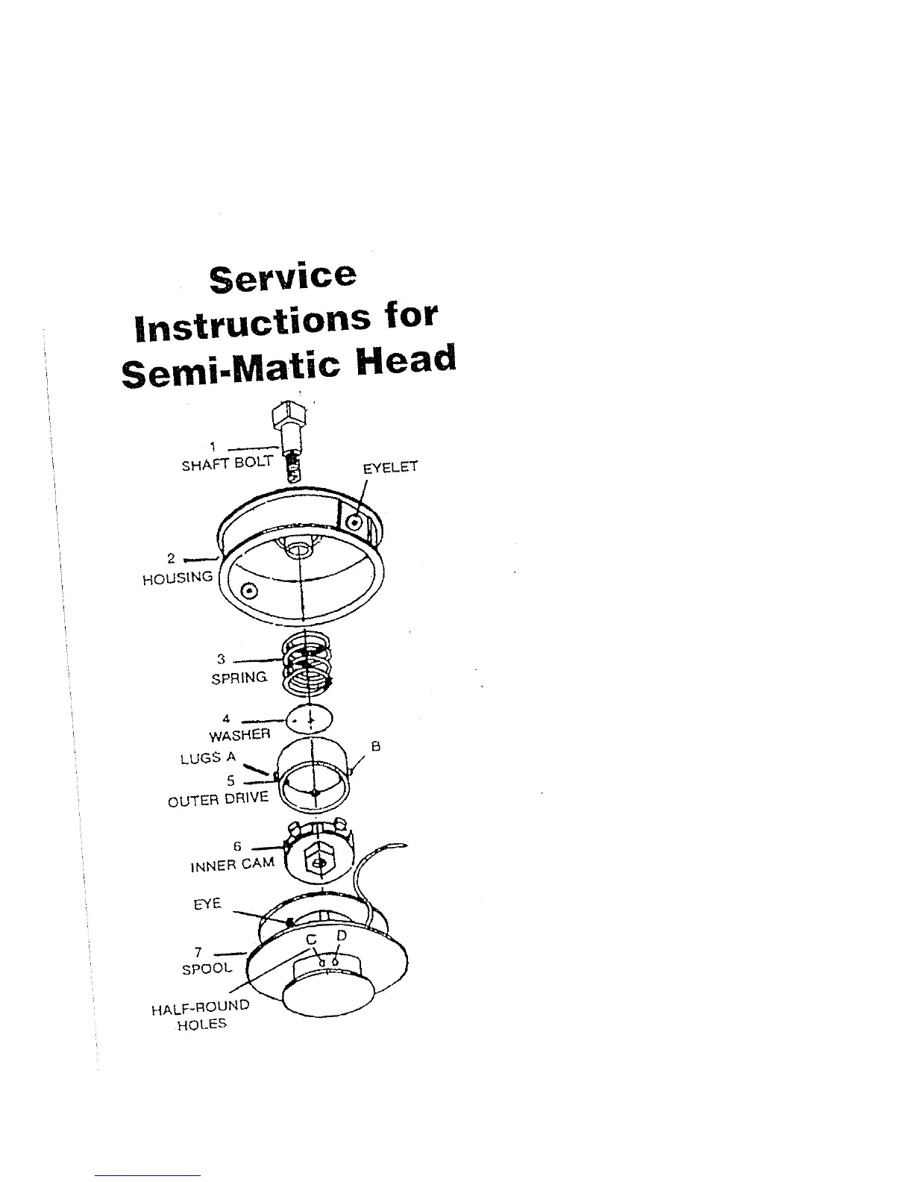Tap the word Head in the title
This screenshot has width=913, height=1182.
[407, 361]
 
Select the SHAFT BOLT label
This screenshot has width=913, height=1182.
[228, 463]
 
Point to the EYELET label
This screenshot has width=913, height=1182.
[390, 468]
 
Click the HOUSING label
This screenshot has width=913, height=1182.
[178, 578]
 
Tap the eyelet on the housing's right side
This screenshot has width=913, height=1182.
[356, 522]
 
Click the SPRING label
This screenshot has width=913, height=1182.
[240, 678]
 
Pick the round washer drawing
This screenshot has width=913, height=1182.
[311, 719]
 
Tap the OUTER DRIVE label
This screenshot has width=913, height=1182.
[218, 799]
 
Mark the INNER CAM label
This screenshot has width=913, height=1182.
[232, 866]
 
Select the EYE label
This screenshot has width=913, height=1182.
[207, 904]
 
